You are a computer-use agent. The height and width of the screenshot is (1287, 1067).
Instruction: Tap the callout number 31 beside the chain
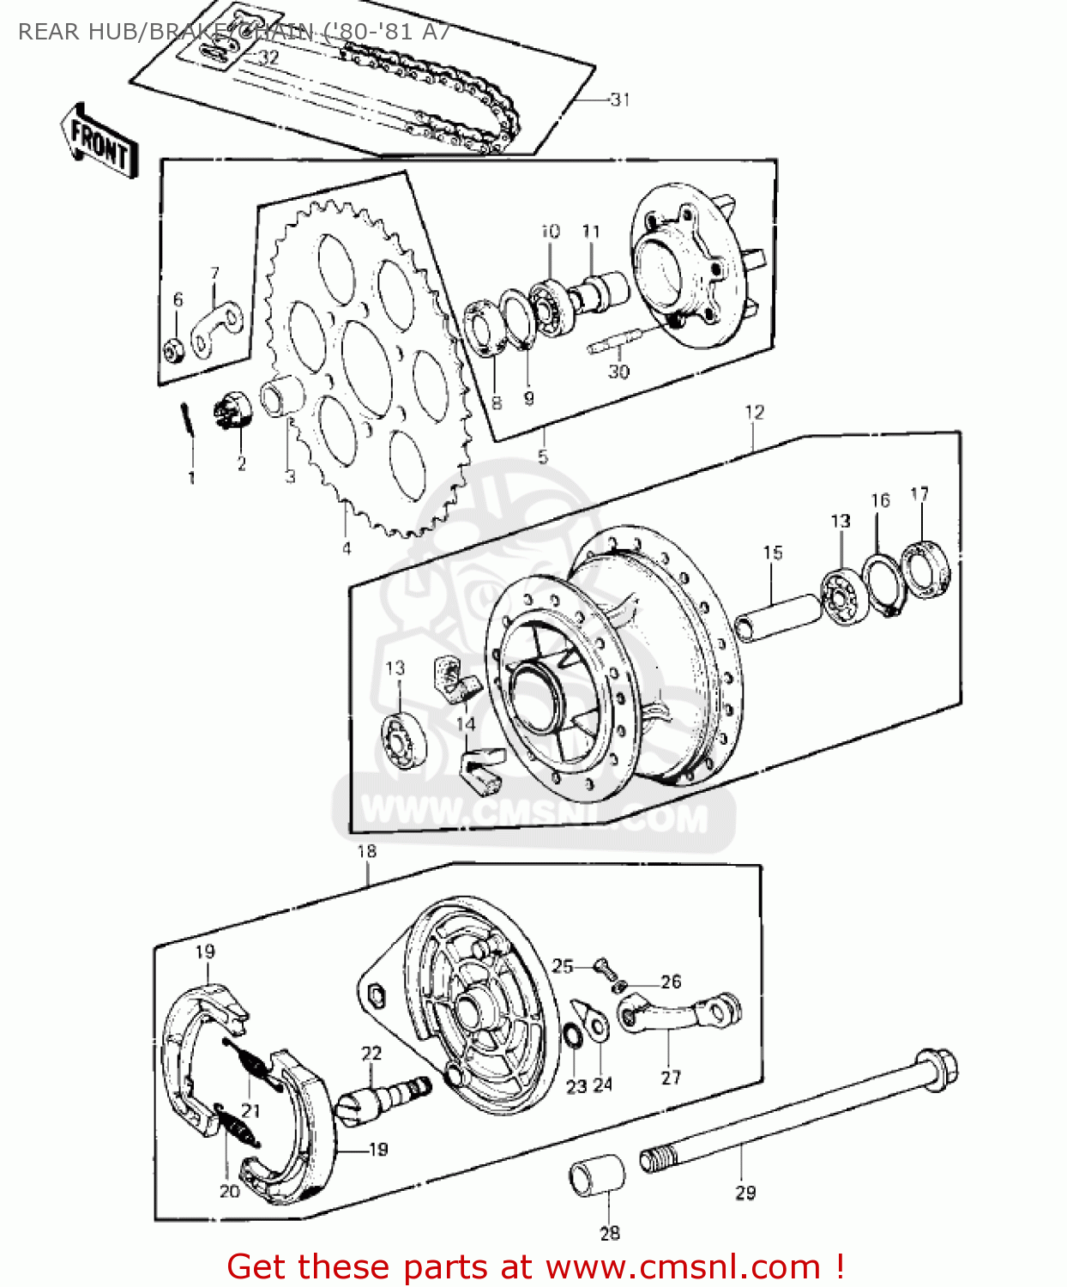coord(619,100)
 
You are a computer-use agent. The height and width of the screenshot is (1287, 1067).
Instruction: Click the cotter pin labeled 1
coord(188,420)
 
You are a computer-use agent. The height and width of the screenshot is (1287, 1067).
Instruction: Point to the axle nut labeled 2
coord(232,408)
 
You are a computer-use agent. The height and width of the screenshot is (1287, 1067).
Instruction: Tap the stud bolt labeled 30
coord(616,342)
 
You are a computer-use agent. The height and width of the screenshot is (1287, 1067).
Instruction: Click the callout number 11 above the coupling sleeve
coord(591,232)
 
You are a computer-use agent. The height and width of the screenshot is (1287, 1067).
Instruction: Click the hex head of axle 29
coord(937,1069)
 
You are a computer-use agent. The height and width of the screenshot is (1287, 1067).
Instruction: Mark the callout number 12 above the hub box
coord(754,413)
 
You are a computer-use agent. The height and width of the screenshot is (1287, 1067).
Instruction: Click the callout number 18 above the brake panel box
coord(366,852)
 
